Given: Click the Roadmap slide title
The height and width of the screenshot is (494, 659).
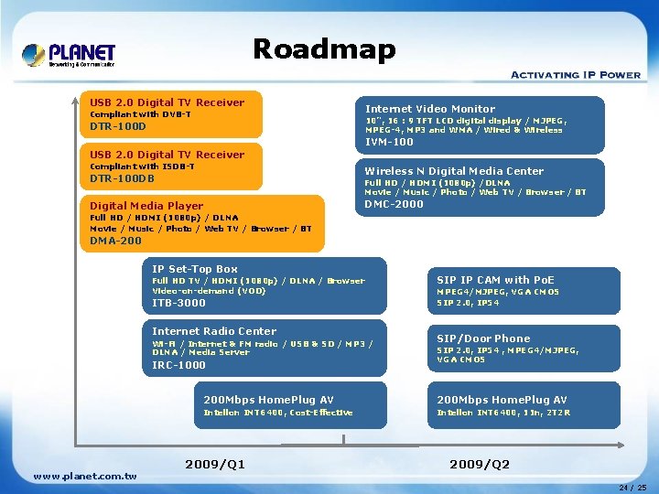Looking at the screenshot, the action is (324, 49).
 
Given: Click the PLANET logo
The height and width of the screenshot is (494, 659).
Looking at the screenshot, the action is (69, 55).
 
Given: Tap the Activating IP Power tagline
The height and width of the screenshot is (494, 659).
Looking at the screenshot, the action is (575, 75).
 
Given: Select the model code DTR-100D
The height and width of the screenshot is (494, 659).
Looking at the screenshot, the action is (117, 126).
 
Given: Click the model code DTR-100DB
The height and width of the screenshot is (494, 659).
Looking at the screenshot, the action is (122, 178).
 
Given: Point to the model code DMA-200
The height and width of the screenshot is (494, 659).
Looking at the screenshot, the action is (115, 241).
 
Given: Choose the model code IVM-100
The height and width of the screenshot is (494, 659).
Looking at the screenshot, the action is (389, 142).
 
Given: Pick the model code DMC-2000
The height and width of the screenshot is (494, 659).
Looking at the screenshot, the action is (394, 204).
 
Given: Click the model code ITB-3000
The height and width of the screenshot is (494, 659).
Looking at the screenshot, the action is (178, 303).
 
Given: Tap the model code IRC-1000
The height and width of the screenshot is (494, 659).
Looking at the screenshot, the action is (178, 365).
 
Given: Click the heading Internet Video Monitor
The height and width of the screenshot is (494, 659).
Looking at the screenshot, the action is (430, 109).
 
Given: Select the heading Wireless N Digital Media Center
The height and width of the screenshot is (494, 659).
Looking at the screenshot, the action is (454, 171).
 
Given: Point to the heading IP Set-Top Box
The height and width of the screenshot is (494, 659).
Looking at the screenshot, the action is (194, 269).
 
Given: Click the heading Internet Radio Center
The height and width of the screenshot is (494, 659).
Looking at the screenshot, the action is (213, 331).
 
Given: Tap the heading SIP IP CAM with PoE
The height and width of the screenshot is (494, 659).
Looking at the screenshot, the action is (495, 280).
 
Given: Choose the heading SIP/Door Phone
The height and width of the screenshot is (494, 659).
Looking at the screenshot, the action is (483, 338).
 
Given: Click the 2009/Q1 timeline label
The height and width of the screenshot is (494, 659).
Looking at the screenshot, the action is (215, 464).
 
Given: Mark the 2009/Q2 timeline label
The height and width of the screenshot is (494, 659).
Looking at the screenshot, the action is (480, 464).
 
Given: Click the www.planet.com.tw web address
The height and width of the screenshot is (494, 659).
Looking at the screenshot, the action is (84, 476).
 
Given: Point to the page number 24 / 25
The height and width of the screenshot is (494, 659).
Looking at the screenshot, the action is (632, 487).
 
